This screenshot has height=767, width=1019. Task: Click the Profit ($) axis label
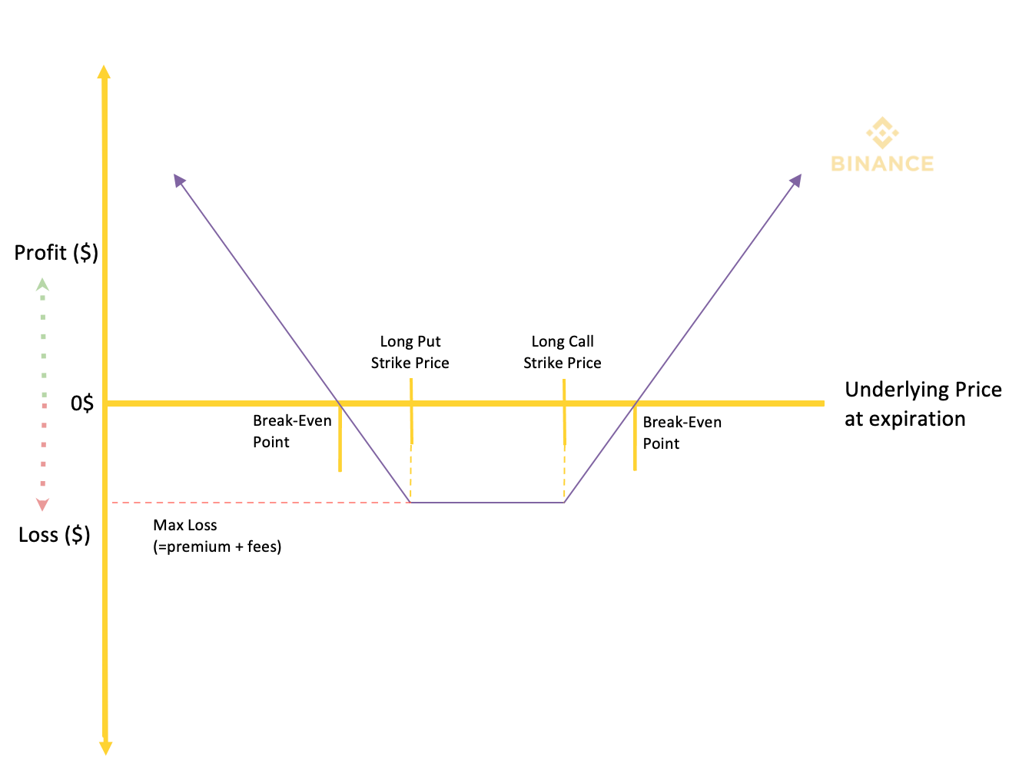click(x=56, y=253)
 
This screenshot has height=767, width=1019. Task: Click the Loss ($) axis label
click(x=55, y=536)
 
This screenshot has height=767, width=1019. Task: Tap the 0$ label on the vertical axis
click(x=82, y=403)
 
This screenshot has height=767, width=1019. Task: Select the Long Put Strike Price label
click(x=410, y=353)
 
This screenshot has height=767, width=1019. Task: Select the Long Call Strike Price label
click(x=563, y=353)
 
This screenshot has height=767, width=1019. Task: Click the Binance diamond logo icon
click(x=882, y=133)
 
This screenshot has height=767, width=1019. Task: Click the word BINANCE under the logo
click(x=882, y=164)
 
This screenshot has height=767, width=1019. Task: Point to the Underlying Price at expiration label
click(x=923, y=404)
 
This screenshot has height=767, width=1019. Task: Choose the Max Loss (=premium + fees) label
click(x=217, y=536)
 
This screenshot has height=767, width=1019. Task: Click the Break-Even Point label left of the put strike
click(x=292, y=431)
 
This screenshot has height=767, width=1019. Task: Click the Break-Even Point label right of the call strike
click(x=682, y=433)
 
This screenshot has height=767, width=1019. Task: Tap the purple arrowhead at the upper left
click(x=179, y=180)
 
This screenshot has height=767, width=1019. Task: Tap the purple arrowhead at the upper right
click(x=795, y=180)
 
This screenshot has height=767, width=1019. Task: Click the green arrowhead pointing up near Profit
click(x=43, y=284)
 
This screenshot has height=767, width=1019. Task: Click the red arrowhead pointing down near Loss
click(x=43, y=504)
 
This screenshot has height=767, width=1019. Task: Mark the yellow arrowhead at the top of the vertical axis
click(x=104, y=72)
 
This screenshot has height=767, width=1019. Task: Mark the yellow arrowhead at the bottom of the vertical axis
click(x=106, y=748)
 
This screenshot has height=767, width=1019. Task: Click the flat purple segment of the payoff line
click(x=487, y=503)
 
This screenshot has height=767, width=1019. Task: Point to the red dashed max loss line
click(x=261, y=503)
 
